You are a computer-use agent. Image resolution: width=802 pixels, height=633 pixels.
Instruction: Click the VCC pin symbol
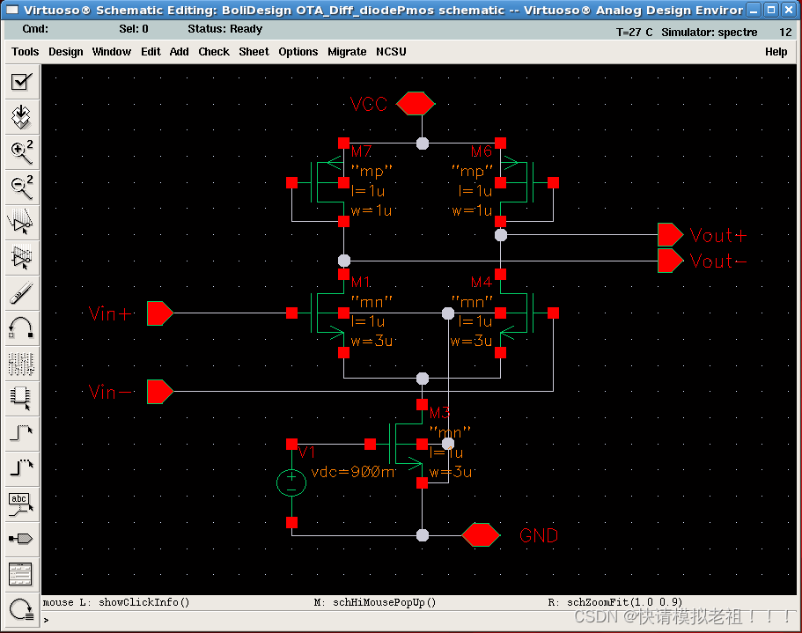coord(415,104)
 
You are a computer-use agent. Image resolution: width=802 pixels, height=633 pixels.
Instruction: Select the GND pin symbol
coord(481,534)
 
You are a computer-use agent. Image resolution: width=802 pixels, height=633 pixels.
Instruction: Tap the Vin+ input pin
coord(159,313)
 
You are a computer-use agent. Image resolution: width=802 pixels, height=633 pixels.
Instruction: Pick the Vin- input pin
coord(159,391)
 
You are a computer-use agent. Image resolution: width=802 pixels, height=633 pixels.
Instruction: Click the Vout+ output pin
coord(670,234)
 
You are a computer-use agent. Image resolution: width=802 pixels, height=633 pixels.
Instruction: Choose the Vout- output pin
coord(670,261)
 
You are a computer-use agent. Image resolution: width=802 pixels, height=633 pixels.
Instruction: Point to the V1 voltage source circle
coord(291,482)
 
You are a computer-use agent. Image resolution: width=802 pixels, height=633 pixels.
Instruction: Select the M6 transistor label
coord(481,152)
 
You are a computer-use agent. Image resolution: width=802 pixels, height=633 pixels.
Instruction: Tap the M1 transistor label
coord(361,283)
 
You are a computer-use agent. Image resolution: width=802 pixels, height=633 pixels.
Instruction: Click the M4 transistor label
coord(481,283)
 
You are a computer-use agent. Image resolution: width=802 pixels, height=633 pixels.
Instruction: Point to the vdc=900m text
coord(353,472)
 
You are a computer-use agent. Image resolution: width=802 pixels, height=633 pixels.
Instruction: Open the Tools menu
coord(25,52)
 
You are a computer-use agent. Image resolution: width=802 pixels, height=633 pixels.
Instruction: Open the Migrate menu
coord(347,52)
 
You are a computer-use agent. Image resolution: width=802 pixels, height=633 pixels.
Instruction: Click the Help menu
coord(776,52)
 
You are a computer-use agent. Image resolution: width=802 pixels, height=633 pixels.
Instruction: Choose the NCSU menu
coord(391,52)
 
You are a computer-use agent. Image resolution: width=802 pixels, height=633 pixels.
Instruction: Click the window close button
coord(789,11)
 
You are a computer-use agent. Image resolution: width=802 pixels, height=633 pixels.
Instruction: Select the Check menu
coord(214,52)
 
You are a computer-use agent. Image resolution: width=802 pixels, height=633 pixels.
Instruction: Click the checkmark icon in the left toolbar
coord(20,83)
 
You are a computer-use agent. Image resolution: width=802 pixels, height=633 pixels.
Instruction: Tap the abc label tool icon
coord(20,503)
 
